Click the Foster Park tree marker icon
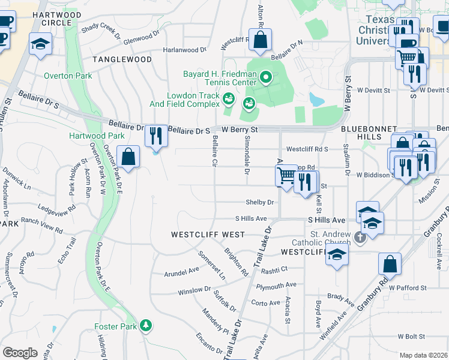click(x=145, y=326)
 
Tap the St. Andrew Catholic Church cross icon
click(x=360, y=238)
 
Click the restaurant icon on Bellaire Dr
click(x=156, y=135)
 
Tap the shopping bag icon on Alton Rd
click(x=261, y=41)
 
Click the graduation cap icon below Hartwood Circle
click(x=41, y=44)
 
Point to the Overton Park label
click(x=68, y=76)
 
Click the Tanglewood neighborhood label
click(x=122, y=59)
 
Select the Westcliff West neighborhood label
click(x=207, y=234)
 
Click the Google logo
click(x=20, y=353)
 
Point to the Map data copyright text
click(x=424, y=355)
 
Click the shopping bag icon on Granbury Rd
click(x=390, y=263)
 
